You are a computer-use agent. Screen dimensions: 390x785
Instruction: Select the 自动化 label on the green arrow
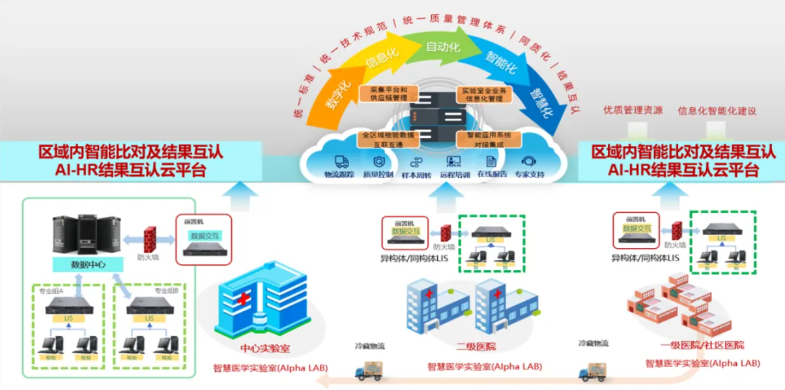click(x=443, y=48)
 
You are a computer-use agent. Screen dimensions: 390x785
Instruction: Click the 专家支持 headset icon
click(x=528, y=161)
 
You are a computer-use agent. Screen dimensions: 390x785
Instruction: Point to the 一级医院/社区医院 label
click(x=702, y=345)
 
